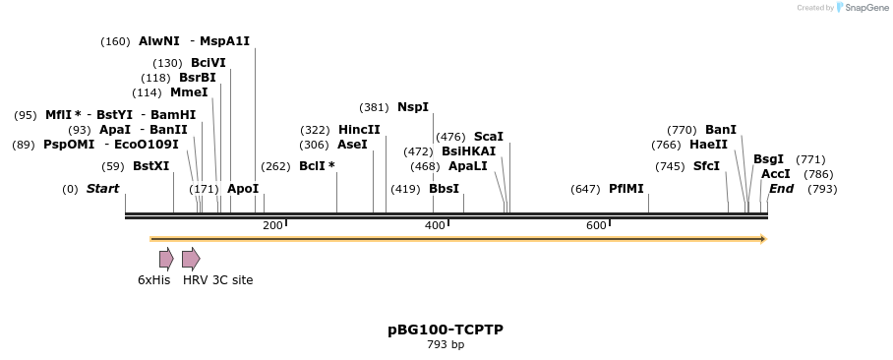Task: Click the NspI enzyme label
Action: pos(413,107)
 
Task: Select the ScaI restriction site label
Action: pos(489,137)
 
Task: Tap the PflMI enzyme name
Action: pos(626,189)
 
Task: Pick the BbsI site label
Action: pos(444,189)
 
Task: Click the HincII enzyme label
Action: pos(359,130)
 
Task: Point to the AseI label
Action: pos(352,145)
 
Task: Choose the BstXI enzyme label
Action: pos(151,166)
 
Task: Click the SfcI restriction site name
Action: pos(706,166)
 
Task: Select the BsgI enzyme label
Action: pos(768,159)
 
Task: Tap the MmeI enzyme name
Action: pos(189,92)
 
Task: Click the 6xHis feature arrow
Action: pos(166,259)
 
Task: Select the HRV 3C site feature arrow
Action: pos(191,259)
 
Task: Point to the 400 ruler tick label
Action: pos(435,226)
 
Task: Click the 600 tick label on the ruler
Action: pos(596,226)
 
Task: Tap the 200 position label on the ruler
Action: pos(272,226)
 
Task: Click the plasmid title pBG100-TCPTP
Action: pos(446,330)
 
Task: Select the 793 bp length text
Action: pos(446,345)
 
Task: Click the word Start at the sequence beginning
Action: pos(102,189)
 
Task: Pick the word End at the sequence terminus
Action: pos(781,189)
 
